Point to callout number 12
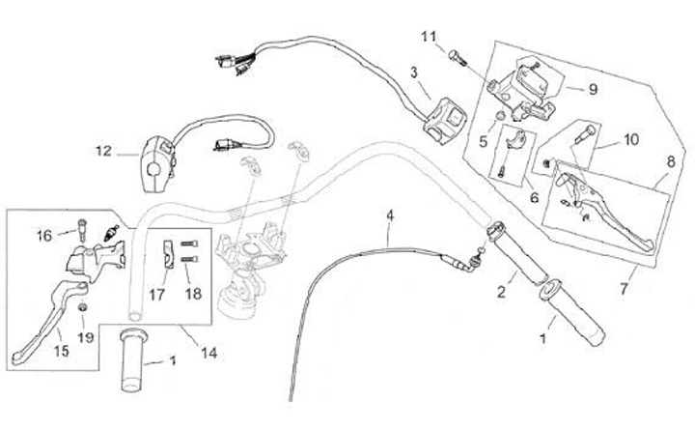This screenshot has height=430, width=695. [x=104, y=151]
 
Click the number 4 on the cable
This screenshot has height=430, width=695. [x=390, y=215]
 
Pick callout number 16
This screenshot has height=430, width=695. [x=44, y=234]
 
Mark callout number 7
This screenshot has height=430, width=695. [x=626, y=288]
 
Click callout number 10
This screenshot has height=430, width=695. [x=630, y=139]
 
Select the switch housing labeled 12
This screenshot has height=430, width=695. [x=158, y=158]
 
